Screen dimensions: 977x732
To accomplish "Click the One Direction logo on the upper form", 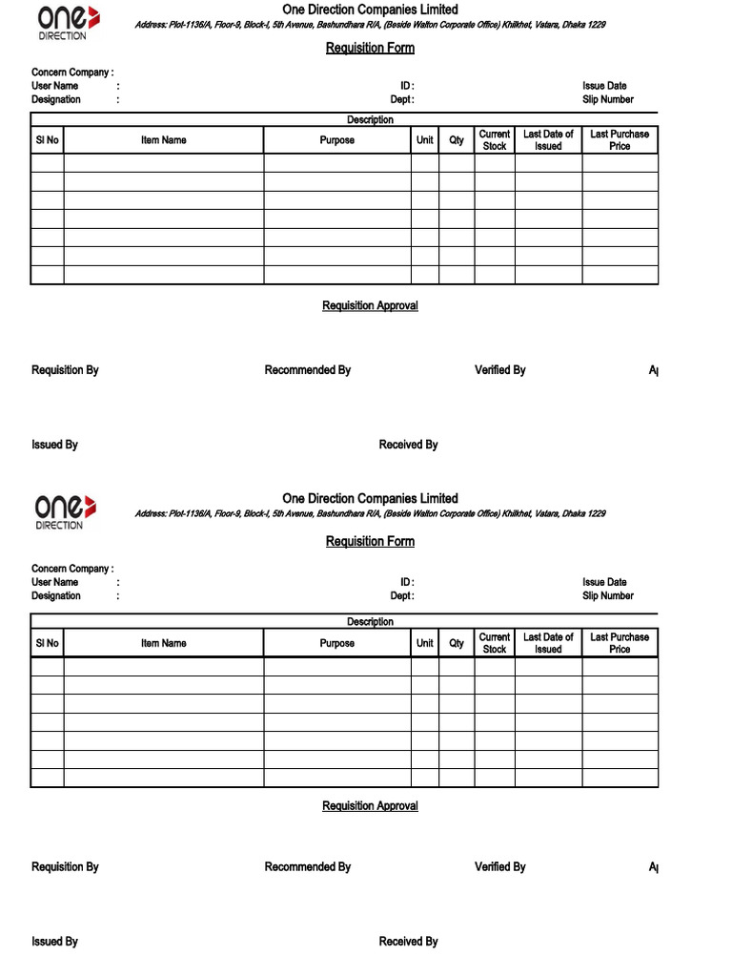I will (x=66, y=22).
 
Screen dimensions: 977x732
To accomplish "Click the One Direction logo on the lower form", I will (x=66, y=511).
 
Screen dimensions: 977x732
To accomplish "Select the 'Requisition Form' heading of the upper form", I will (x=370, y=48).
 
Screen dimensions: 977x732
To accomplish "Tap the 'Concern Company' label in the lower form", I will (x=71, y=569).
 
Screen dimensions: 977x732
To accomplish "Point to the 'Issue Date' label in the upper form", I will (x=604, y=86).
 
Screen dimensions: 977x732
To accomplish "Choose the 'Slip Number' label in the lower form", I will (x=607, y=595).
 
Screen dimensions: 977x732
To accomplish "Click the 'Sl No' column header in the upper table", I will (x=47, y=140).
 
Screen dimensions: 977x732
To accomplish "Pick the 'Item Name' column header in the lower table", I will (x=163, y=643).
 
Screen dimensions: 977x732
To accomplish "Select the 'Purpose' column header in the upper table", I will (x=336, y=140).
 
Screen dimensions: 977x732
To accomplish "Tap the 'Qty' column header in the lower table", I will (x=457, y=643).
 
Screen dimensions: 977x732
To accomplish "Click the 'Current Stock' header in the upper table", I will (x=495, y=140).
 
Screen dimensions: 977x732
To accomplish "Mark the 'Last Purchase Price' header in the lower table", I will (x=620, y=643).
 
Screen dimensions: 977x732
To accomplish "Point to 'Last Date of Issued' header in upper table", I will (x=548, y=140).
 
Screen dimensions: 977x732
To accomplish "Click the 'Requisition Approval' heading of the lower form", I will (x=370, y=806).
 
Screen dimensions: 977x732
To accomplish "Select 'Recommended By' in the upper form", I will (x=307, y=370).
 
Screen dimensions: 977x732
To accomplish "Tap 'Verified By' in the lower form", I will (x=499, y=867).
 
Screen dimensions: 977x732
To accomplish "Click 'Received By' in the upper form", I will (x=408, y=445).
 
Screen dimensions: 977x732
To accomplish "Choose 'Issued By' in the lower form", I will (x=54, y=942).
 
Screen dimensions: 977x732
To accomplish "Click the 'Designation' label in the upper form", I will (x=56, y=99).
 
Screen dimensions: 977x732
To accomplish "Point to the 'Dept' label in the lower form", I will (x=401, y=595).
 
